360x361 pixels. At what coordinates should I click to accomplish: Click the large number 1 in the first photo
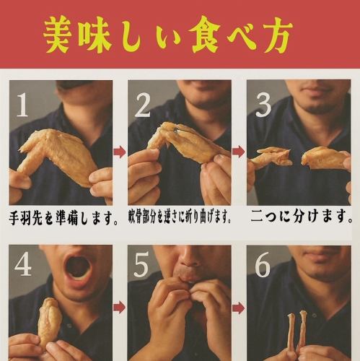[x=23, y=105]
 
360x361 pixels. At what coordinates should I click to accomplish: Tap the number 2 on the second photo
[x=143, y=105]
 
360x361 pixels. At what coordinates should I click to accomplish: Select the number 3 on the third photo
[x=263, y=105]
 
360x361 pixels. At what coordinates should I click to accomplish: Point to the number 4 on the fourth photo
[x=23, y=266]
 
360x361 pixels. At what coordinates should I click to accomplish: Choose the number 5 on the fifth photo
[x=143, y=266]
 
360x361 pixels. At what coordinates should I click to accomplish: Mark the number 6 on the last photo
[x=263, y=266]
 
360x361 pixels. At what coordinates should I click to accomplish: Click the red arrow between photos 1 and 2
[x=120, y=152]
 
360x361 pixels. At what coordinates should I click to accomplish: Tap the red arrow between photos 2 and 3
[x=239, y=152]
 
